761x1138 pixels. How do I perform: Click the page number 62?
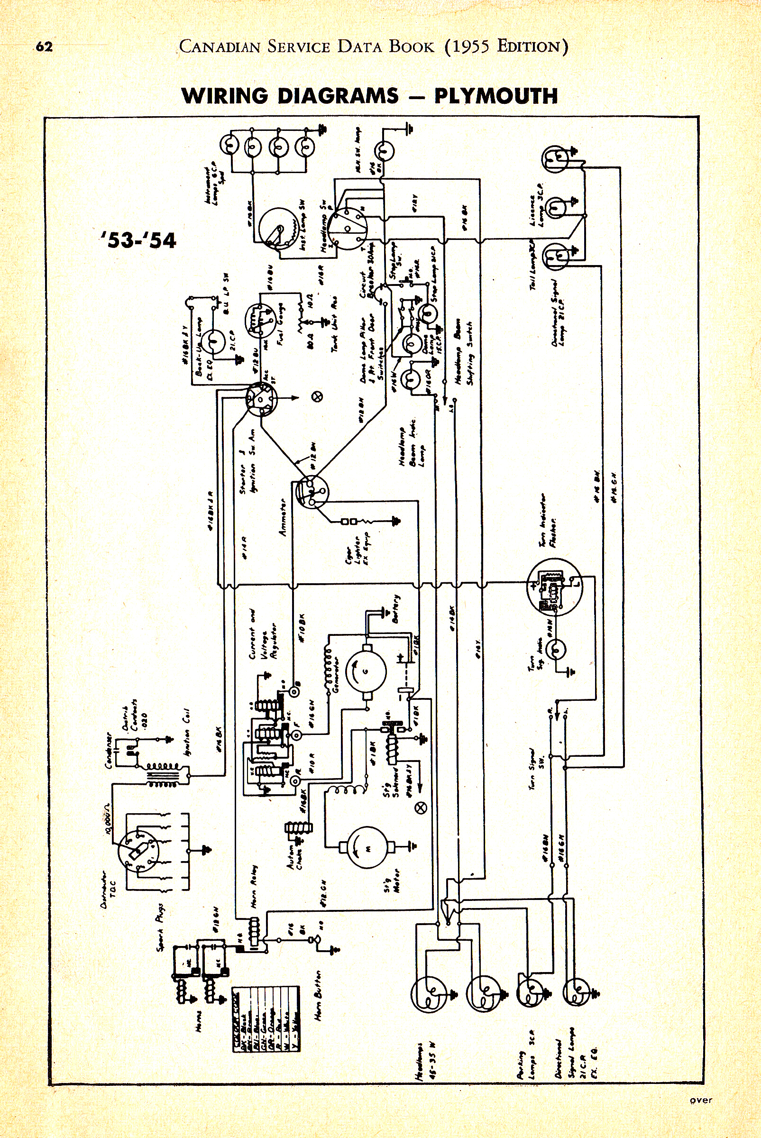[x=44, y=47]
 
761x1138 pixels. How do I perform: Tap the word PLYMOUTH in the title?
[x=495, y=96]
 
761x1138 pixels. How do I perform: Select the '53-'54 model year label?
[x=139, y=240]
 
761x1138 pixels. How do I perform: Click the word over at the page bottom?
[x=701, y=1100]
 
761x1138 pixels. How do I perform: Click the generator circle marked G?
[x=366, y=671]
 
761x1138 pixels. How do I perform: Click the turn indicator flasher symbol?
[x=554, y=587]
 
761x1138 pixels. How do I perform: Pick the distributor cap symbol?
[x=138, y=850]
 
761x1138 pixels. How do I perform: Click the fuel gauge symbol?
[x=261, y=321]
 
